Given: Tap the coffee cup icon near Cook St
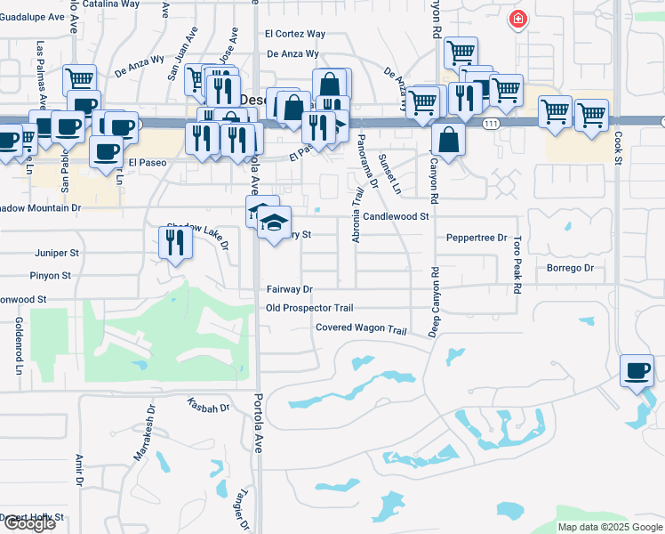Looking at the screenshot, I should click(637, 370).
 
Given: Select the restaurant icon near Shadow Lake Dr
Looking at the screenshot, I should click(175, 242).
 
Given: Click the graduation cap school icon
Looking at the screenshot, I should click(275, 222).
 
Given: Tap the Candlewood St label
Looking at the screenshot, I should click(396, 216).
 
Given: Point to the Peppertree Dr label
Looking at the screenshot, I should click(477, 238).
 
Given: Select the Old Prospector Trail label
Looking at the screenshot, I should click(309, 308).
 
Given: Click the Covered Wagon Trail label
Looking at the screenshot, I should click(361, 329).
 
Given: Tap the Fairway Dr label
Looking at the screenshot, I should click(290, 289).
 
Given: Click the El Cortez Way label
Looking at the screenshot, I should click(295, 34).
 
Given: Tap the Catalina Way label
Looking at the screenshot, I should click(111, 4).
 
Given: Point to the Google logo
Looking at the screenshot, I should click(28, 523).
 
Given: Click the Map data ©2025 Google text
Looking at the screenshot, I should click(609, 527).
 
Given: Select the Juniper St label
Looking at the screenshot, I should click(57, 253).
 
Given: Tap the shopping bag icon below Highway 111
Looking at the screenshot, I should click(448, 140).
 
